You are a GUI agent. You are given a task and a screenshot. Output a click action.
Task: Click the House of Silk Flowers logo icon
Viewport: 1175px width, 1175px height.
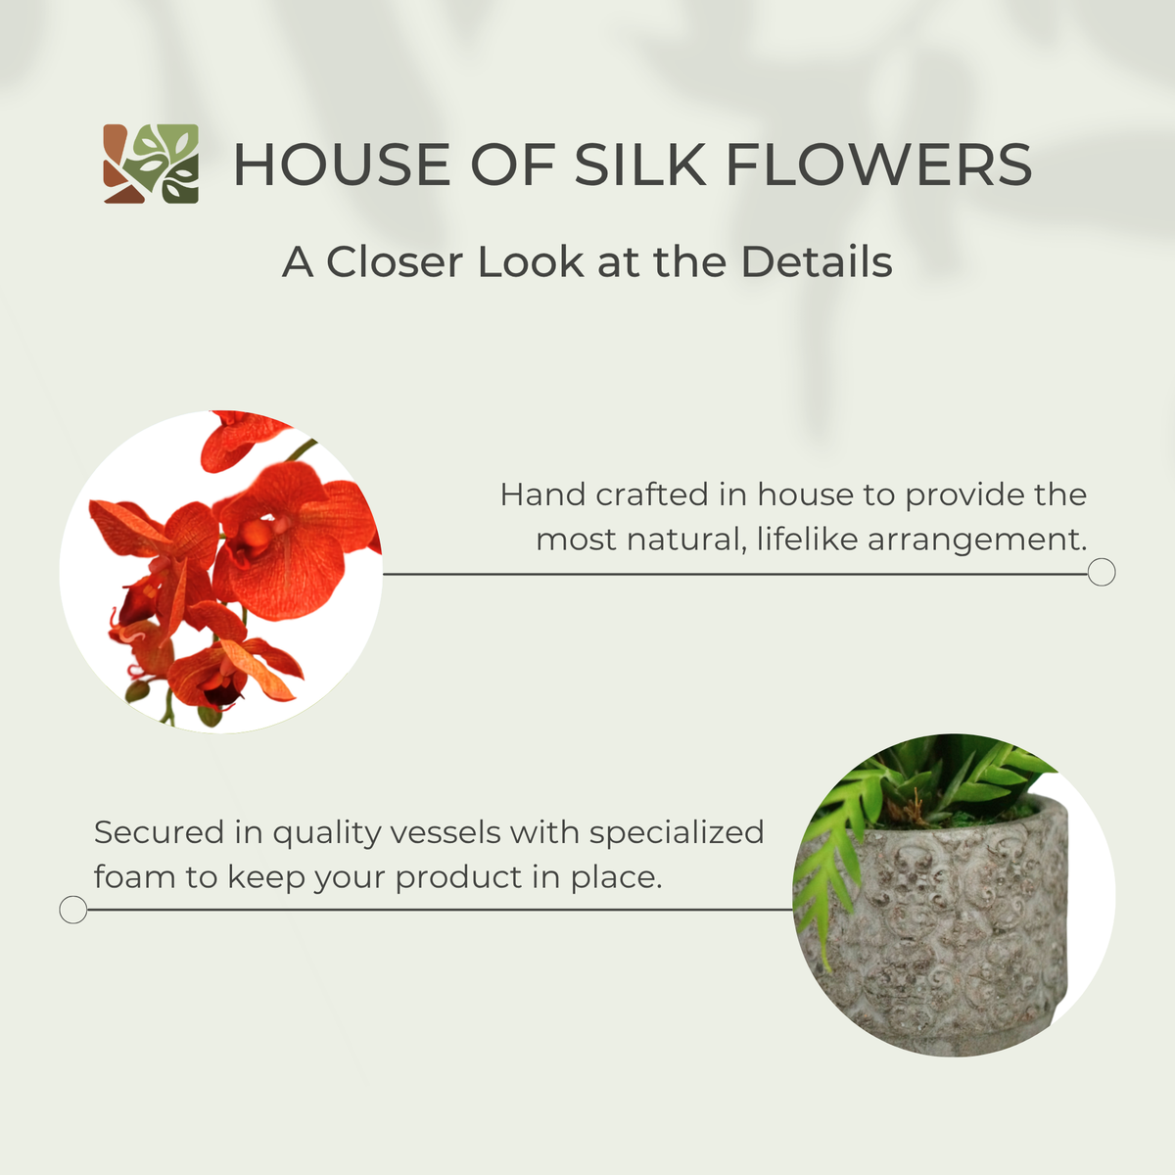click(151, 164)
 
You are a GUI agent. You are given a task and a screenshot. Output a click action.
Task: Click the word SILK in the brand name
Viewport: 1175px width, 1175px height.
click(640, 164)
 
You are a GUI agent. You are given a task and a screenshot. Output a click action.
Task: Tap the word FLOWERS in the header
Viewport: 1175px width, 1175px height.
click(878, 164)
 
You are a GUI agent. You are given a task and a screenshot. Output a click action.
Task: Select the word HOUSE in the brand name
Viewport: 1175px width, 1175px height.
click(342, 164)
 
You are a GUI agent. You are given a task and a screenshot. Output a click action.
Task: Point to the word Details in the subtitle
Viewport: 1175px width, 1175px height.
click(817, 262)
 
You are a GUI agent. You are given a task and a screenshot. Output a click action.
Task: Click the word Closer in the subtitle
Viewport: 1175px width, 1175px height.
click(395, 262)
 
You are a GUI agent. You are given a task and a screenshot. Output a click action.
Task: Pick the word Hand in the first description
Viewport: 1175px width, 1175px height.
click(543, 493)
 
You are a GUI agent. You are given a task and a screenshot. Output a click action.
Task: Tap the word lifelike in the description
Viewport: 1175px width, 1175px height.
click(807, 539)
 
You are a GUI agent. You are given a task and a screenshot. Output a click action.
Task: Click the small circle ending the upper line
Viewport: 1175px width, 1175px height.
click(1102, 573)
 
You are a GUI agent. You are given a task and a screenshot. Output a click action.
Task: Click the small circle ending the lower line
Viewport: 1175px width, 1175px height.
click(73, 910)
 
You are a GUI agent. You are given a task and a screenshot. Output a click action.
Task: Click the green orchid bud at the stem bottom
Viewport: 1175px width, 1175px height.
click(211, 715)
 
